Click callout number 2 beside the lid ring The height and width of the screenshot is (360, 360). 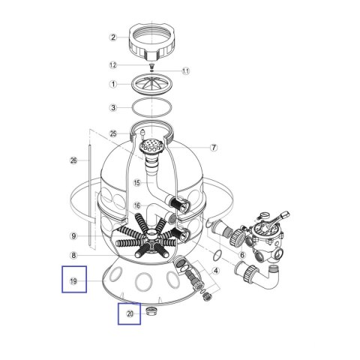pos(113,37)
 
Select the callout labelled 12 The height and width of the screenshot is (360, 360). pos(113,65)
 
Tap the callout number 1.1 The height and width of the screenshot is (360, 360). pos(185,71)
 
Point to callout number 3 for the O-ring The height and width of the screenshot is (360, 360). pos(113,108)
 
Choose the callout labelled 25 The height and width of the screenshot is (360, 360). pos(113,133)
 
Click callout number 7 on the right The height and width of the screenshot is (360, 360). pos(214,148)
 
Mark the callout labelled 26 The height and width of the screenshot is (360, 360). pos(73,160)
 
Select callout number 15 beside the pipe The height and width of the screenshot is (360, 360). pos(137,183)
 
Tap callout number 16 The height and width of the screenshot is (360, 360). pos(137,205)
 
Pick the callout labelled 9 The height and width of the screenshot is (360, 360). pos(73,236)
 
